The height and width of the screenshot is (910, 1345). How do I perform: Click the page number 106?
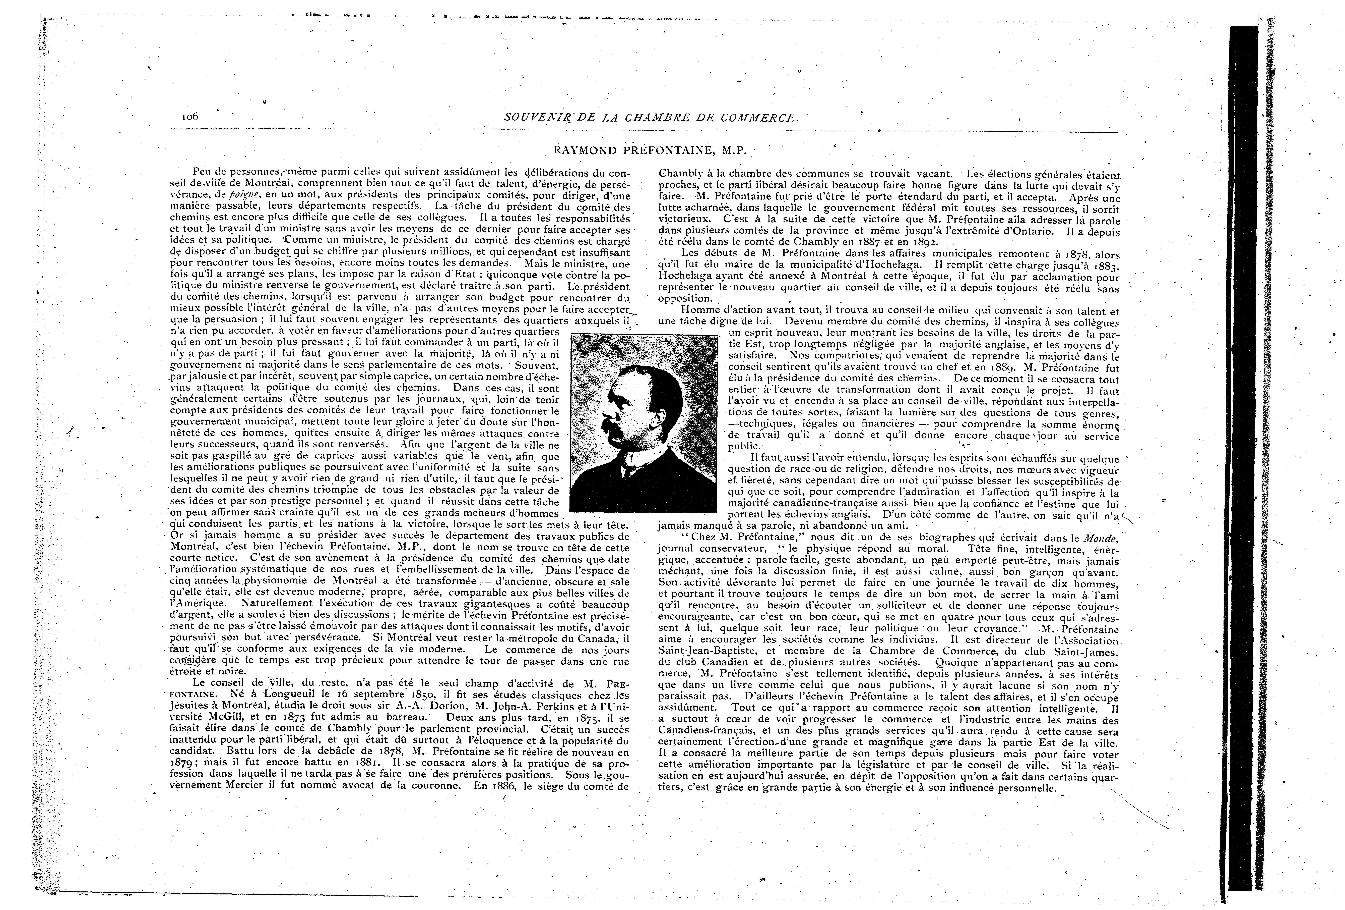click(x=189, y=116)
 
